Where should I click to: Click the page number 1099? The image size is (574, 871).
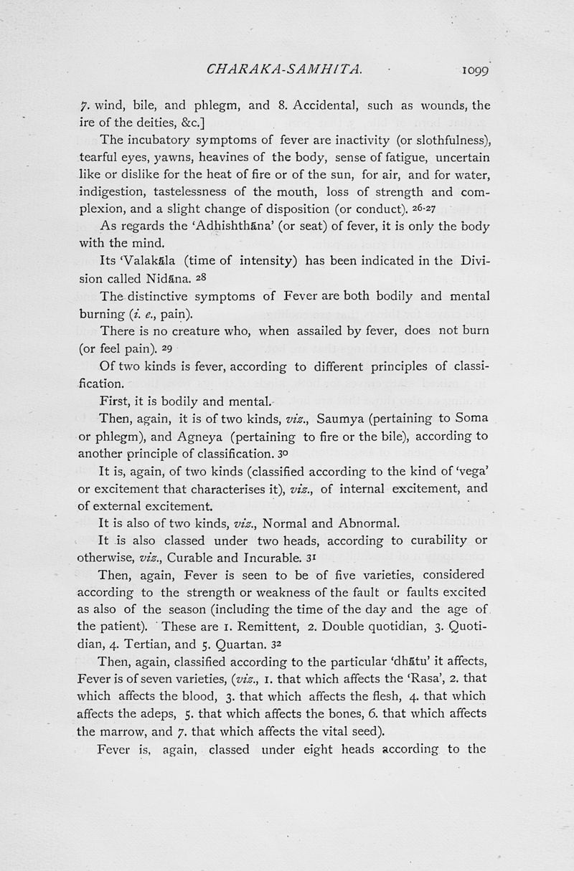point(470,70)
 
